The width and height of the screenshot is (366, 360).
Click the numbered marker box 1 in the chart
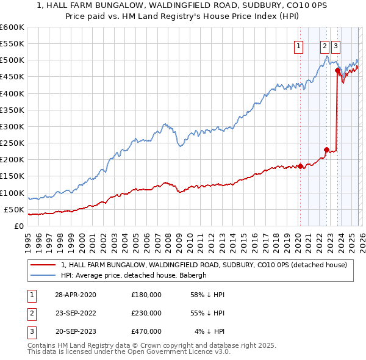click(x=299, y=45)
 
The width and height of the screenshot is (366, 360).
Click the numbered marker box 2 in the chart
click(x=325, y=45)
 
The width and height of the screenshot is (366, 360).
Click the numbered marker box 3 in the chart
click(x=336, y=45)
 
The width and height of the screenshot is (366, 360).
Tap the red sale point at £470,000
click(x=337, y=70)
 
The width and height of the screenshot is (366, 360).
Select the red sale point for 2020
click(x=300, y=166)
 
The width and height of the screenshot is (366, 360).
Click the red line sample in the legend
click(x=43, y=265)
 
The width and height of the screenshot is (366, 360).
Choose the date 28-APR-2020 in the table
click(x=75, y=295)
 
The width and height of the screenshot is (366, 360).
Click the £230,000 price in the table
click(x=146, y=313)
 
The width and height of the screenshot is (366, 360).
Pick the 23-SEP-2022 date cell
click(x=75, y=313)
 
